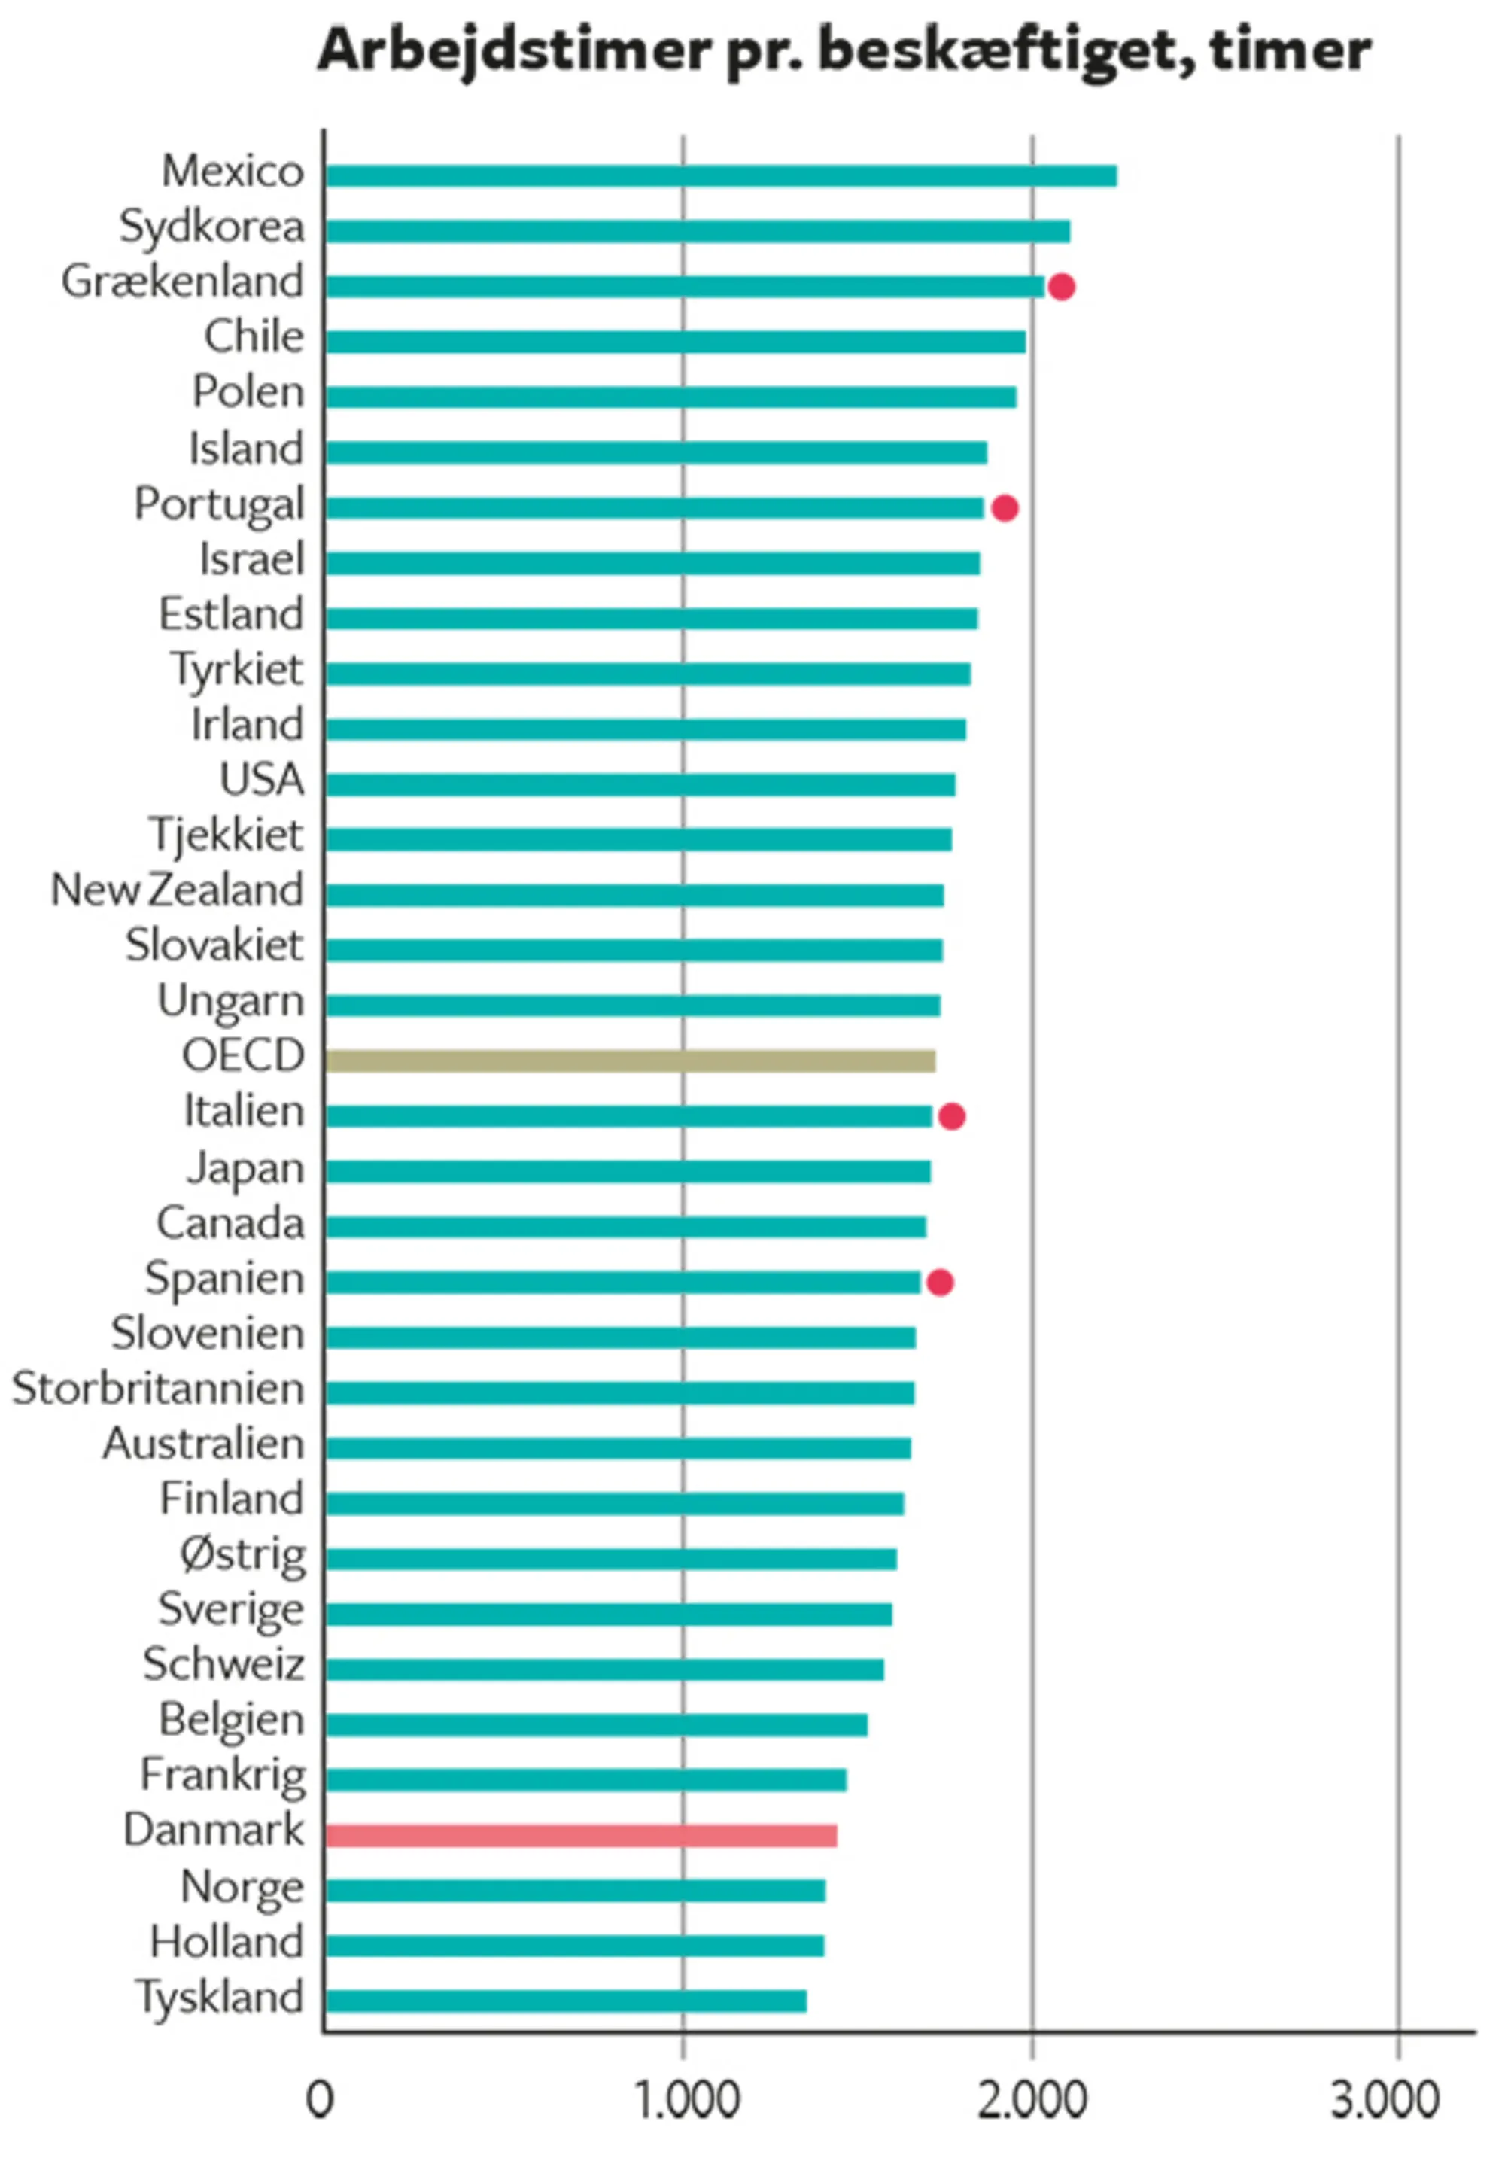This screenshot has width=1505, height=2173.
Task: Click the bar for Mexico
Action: [x=722, y=176]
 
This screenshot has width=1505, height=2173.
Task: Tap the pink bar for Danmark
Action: [x=581, y=1835]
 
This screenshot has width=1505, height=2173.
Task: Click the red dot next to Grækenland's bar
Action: [x=1062, y=287]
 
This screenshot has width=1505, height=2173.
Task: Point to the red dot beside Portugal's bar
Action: [x=1005, y=508]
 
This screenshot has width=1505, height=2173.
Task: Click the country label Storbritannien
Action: [x=157, y=1389]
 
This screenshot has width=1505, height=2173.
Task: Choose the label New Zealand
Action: [x=178, y=890]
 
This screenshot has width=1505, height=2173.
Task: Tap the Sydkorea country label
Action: [x=211, y=227]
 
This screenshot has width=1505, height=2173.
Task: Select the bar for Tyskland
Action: [x=566, y=2001]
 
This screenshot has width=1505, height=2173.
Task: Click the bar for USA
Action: [x=640, y=785]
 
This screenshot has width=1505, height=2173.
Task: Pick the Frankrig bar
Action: [x=585, y=1779]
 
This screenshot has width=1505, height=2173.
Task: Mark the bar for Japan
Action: [x=628, y=1171]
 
